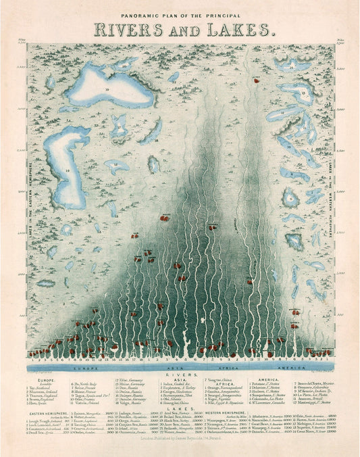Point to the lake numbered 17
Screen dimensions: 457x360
[119, 126]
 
